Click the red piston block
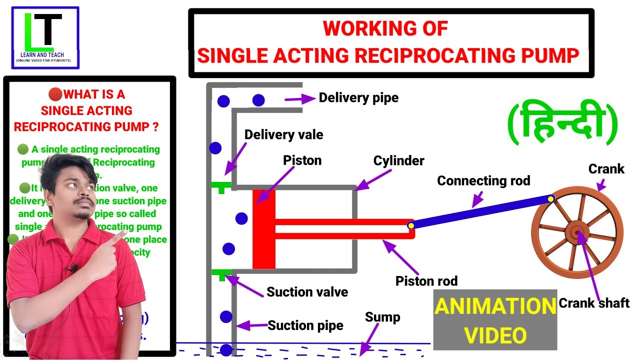pyautogui.click(x=263, y=229)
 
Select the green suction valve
pyautogui.click(x=220, y=273)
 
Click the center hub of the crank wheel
pyautogui.click(x=577, y=232)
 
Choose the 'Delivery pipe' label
pyautogui.click(x=358, y=97)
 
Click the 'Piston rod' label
pyautogui.click(x=426, y=281)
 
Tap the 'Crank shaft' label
pyautogui.click(x=593, y=302)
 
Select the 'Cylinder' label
pyautogui.click(x=398, y=160)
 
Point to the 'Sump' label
pyautogui.click(x=382, y=317)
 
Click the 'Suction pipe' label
pyautogui.click(x=305, y=326)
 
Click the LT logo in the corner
pyautogui.click(x=45, y=37)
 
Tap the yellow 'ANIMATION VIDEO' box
pyautogui.click(x=495, y=320)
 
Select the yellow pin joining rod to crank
pyautogui.click(x=550, y=199)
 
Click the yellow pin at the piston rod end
pyautogui.click(x=410, y=225)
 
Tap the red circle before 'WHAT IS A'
pyautogui.click(x=54, y=94)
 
